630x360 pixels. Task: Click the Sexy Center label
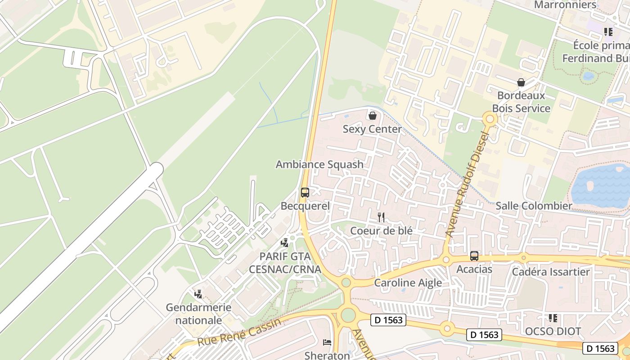coord(372,129)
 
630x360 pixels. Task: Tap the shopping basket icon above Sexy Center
coord(372,116)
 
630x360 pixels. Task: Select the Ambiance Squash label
coord(319,164)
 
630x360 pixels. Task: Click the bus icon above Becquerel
coord(305,193)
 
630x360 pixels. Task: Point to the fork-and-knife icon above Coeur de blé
coord(381,217)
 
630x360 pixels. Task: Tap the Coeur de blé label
coord(381,230)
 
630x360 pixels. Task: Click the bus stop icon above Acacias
coord(474,256)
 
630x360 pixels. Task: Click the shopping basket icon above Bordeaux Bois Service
coord(521,82)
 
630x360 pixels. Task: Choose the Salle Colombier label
coord(534,206)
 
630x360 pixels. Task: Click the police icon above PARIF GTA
coord(284,243)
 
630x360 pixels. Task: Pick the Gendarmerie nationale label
coord(198,314)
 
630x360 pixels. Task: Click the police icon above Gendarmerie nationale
coord(198,294)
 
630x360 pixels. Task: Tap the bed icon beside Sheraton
coord(327,342)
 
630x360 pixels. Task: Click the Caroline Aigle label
coord(408,283)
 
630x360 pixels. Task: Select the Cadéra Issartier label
coord(551,272)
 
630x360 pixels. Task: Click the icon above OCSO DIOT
coord(553,318)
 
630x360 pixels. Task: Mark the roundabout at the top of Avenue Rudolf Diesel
coord(490,119)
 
